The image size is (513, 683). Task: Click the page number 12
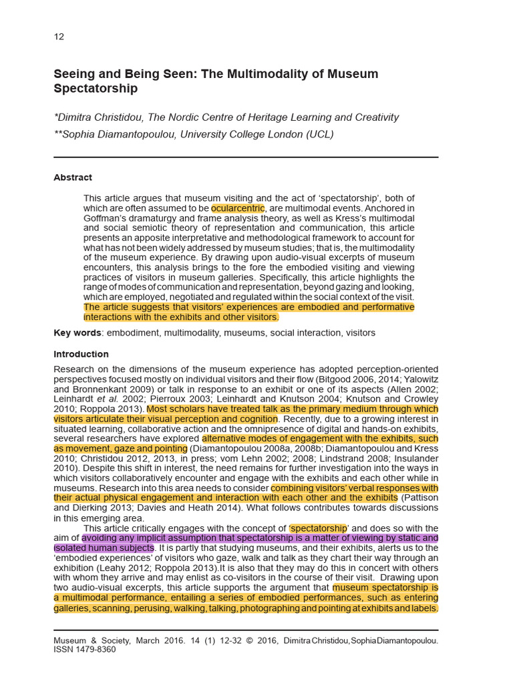(59, 37)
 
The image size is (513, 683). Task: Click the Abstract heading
(73, 177)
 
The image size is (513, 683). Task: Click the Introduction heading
(81, 354)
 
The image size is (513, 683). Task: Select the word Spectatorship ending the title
(95, 89)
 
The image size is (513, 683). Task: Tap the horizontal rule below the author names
(246, 157)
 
